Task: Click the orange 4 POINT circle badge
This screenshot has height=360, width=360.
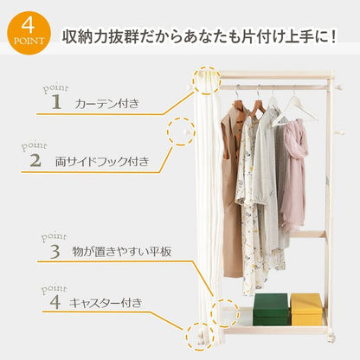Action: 29,33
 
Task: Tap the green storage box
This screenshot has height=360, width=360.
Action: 271,310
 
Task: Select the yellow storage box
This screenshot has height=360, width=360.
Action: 306,309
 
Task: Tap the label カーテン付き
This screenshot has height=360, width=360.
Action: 107,104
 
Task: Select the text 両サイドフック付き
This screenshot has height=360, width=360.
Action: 102,161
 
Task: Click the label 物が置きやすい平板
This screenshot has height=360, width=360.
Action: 122,251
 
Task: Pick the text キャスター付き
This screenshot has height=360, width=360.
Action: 106,303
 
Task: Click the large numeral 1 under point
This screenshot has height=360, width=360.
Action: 56,102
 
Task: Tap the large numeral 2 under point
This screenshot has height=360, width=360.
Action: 35,160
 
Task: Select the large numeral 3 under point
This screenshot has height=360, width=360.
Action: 55,251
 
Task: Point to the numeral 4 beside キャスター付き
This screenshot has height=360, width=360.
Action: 55,302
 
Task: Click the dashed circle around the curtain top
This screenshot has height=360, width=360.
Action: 193,80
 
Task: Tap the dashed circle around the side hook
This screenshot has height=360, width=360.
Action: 167,132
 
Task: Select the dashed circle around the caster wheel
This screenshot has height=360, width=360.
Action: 186,337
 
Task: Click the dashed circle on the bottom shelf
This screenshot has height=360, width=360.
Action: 210,313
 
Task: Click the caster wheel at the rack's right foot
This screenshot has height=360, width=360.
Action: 331,337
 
